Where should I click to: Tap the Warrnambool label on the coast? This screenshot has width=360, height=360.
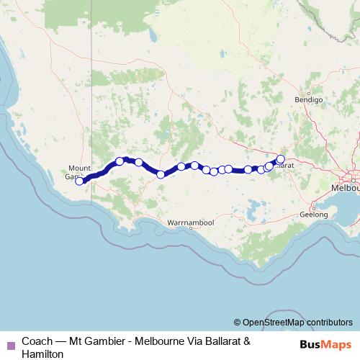pyautogui.click(x=191, y=223)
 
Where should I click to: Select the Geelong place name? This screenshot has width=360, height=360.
pyautogui.click(x=313, y=215)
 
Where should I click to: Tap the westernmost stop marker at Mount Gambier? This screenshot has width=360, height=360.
pyautogui.click(x=79, y=181)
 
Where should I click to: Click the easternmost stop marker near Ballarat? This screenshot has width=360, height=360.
pyautogui.click(x=281, y=159)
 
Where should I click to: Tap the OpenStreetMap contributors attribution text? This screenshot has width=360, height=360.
pyautogui.click(x=297, y=322)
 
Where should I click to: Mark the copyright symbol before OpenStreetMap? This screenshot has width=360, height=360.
pyautogui.click(x=237, y=322)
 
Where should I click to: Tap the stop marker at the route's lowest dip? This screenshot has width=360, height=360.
pyautogui.click(x=161, y=174)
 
